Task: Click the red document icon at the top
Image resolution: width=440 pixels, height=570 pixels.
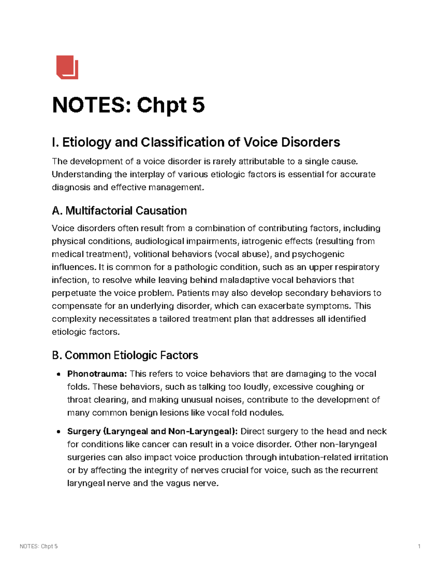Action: pyautogui.click(x=67, y=67)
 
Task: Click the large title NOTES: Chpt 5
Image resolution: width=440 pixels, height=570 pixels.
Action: pyautogui.click(x=128, y=105)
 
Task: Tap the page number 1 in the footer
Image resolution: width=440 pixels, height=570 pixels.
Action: pyautogui.click(x=419, y=547)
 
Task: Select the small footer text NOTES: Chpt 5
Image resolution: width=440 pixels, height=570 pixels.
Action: pyautogui.click(x=38, y=547)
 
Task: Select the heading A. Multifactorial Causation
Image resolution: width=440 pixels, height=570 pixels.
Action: pyautogui.click(x=119, y=211)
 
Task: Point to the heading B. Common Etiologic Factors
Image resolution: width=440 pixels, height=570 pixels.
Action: pyautogui.click(x=125, y=355)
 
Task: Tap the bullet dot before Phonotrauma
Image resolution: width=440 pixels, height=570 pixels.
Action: pyautogui.click(x=58, y=374)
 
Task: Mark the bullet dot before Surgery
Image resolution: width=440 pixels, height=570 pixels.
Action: pyautogui.click(x=58, y=432)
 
